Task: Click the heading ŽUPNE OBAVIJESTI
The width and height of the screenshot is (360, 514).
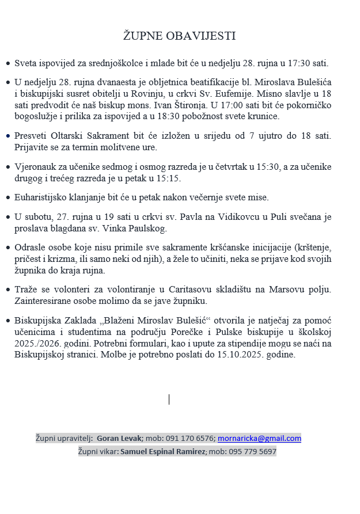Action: coord(180,36)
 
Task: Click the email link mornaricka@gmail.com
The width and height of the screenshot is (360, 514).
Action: coord(259,438)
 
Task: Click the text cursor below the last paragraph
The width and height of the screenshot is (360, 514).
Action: coord(169,399)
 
